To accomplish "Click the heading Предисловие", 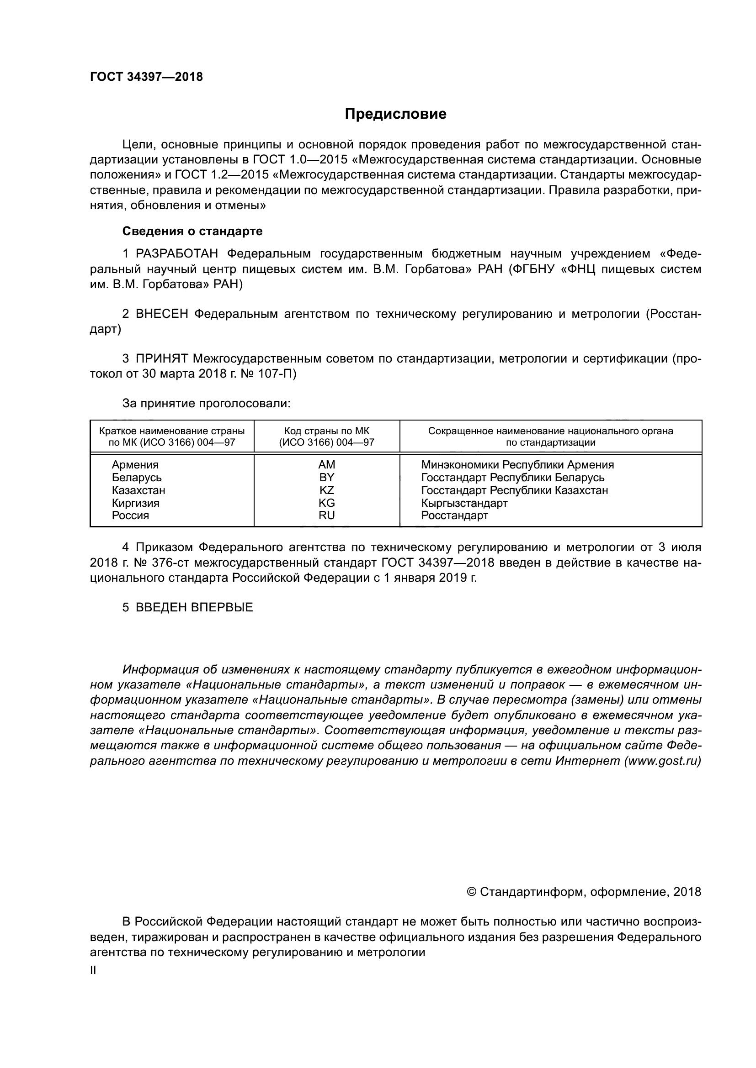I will click(395, 114).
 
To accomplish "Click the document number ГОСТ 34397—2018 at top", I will click(146, 77).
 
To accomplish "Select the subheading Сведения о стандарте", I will click(192, 231).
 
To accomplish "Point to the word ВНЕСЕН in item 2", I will click(162, 314).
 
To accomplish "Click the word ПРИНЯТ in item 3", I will click(161, 358).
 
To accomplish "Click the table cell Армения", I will click(135, 465).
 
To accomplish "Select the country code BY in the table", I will click(326, 477).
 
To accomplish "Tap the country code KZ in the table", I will click(326, 490).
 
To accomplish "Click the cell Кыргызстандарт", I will click(464, 503).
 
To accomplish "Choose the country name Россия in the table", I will click(130, 516).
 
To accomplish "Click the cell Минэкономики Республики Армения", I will click(517, 465).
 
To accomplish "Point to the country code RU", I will click(326, 516).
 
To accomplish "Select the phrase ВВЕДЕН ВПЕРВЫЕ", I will click(194, 607).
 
